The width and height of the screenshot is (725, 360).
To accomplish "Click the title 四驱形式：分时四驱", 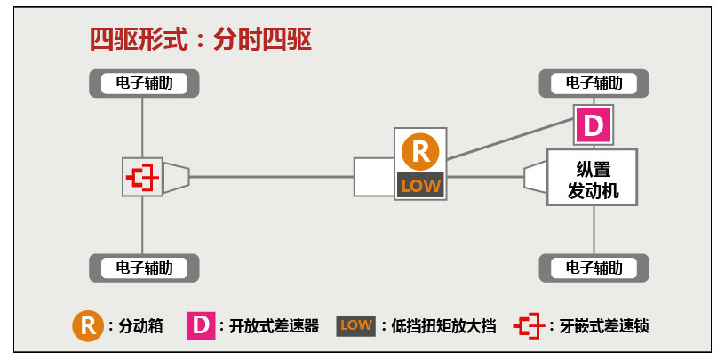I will point(200,40).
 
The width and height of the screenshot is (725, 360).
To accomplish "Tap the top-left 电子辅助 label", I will point(144,84).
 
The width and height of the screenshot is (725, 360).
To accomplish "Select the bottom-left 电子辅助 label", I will point(144,268).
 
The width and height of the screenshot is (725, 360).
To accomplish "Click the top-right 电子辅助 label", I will point(594,84).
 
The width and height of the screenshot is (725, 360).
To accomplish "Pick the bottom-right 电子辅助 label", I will point(594,268).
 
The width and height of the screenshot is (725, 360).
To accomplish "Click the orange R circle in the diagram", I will point(420,151).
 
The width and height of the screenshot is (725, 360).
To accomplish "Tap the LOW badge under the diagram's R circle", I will point(420,186).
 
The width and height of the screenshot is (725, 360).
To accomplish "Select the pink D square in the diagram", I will point(594,125).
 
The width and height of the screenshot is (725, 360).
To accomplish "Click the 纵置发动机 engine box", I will point(593,178).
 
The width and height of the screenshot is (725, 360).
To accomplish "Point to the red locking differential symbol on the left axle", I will point(142,177).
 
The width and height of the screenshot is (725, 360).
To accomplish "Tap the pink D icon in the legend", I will point(201,325).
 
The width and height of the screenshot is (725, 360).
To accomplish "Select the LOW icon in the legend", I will point(356,325).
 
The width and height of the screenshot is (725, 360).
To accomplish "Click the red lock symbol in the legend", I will point(528,325).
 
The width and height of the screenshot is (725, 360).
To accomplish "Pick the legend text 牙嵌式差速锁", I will point(604,326).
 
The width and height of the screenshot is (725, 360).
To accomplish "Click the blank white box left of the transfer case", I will point(373,177).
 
